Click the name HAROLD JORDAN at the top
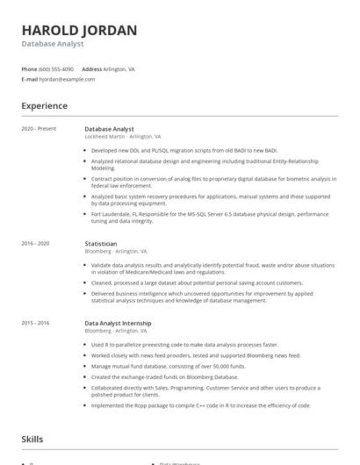tap(79, 30)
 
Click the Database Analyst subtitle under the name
tap(53, 44)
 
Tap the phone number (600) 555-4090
tap(56, 68)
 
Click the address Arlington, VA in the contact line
tap(119, 68)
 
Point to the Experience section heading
tap(44, 106)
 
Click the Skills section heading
tap(33, 439)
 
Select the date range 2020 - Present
tap(39, 129)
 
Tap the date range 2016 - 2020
tap(35, 243)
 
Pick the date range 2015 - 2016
tap(35, 323)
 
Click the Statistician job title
tap(101, 243)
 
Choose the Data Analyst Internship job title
tap(118, 323)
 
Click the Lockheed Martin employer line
tap(123, 137)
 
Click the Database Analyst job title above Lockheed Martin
tap(110, 129)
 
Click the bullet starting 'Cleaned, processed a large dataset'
tap(198, 283)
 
